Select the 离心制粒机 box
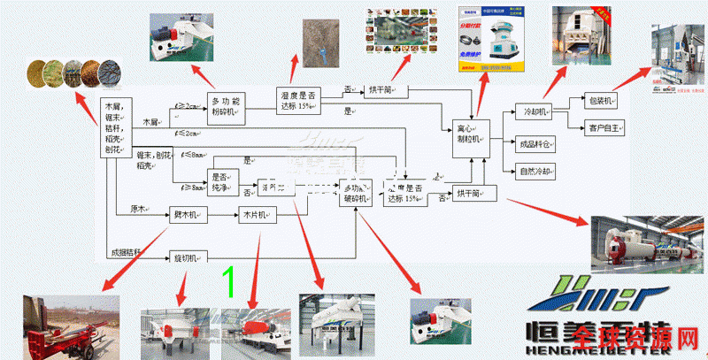tap(467, 134)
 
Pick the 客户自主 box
tap(601, 127)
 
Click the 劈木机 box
tap(187, 214)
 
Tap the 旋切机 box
tap(187, 257)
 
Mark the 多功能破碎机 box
tap(358, 192)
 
